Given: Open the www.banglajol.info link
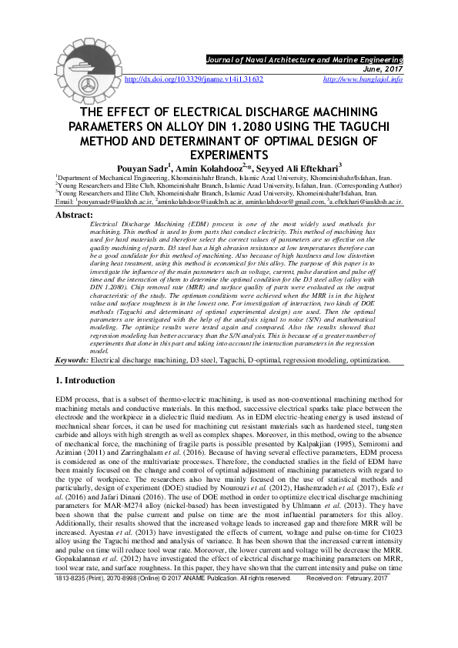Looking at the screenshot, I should (x=363, y=79).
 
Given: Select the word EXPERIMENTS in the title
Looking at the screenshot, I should (x=229, y=155).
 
